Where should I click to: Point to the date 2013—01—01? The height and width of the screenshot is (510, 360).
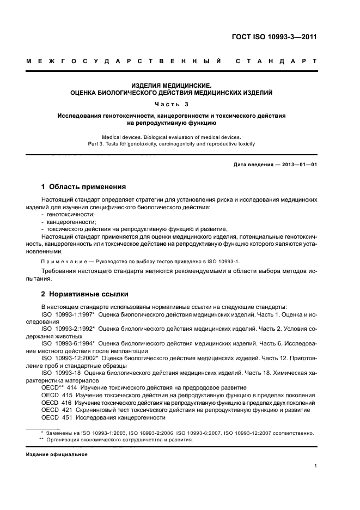298,164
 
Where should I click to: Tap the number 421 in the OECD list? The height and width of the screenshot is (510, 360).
67,410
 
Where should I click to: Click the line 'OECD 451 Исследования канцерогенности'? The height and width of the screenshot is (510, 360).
103,417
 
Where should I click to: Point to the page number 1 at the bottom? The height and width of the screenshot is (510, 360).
316,466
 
